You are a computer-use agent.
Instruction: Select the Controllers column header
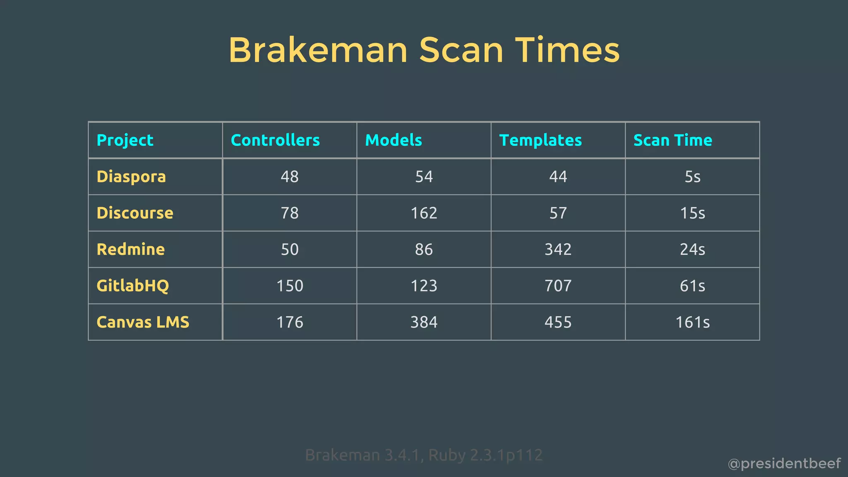point(275,140)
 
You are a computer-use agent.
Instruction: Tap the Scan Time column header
point(672,140)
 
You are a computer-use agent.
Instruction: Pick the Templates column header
point(540,140)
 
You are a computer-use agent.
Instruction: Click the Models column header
point(393,140)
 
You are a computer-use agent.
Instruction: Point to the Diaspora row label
point(131,177)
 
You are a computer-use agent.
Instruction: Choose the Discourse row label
point(135,213)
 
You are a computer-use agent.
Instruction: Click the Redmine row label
point(130,250)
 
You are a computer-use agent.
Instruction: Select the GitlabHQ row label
point(132,286)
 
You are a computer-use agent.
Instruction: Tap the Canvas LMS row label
point(142,323)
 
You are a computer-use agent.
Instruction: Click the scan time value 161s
point(692,323)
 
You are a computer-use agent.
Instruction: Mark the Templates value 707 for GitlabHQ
point(558,286)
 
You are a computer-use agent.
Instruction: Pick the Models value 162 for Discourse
point(424,213)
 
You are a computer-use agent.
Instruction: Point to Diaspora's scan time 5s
point(692,177)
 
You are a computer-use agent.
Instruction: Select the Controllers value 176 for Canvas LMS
point(289,323)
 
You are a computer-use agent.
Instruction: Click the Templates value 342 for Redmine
point(558,250)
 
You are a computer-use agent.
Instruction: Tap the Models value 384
point(424,323)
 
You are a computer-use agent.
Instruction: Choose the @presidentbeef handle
point(784,464)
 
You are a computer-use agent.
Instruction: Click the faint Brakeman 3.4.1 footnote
point(424,455)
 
